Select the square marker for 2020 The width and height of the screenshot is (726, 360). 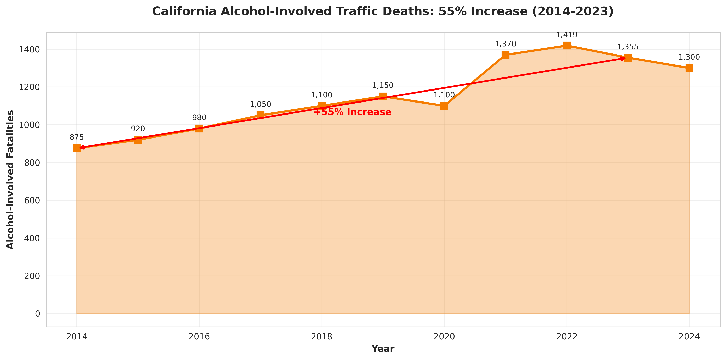coord(444,106)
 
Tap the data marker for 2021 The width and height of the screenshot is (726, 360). coord(506,55)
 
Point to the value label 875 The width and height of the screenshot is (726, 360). coord(77,137)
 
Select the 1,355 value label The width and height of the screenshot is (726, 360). coord(628,47)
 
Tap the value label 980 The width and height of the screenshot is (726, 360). coord(199,118)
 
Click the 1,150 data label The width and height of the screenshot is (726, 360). coord(383,85)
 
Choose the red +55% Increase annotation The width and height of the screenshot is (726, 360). coord(352,112)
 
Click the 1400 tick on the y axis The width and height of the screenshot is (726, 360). coord(29,50)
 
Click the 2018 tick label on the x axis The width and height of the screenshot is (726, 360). coord(322,337)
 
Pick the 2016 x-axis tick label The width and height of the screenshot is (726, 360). coord(199,337)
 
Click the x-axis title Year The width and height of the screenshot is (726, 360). coord(383,349)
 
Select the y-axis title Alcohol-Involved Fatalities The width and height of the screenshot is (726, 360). coord(10,180)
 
